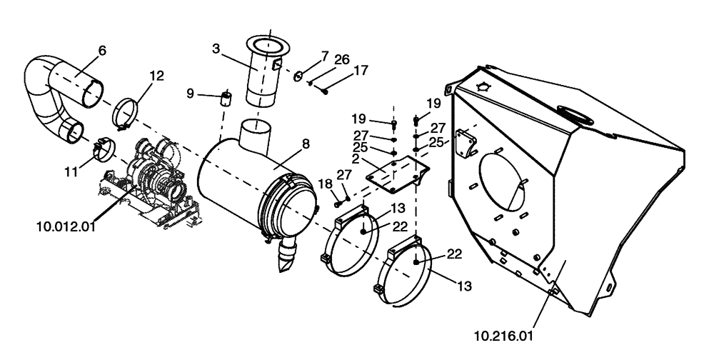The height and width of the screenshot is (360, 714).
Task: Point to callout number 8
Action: click(x=305, y=144)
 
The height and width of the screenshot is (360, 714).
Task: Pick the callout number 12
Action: click(x=156, y=75)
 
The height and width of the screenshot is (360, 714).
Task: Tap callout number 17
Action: click(x=361, y=71)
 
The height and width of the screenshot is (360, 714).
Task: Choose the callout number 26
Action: click(x=341, y=59)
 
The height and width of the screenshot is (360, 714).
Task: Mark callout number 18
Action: click(x=325, y=184)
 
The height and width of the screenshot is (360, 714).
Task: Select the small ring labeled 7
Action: click(x=298, y=76)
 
